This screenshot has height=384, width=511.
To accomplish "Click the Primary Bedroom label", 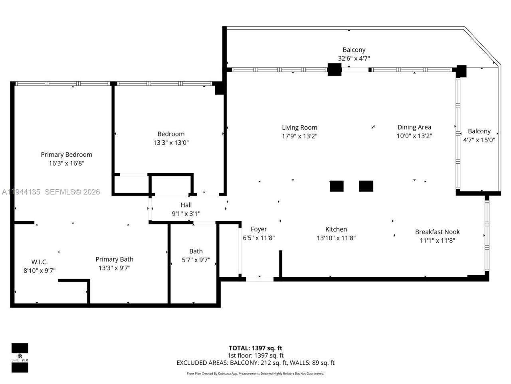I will (x=66, y=154).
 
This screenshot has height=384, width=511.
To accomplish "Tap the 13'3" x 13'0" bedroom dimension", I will (x=171, y=143).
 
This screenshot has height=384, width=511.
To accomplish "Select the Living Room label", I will (x=299, y=127).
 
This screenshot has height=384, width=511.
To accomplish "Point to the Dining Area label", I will (x=414, y=127).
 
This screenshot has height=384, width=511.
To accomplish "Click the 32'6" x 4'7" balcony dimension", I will (x=354, y=58).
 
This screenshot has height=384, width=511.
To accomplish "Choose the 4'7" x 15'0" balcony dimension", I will (x=479, y=140).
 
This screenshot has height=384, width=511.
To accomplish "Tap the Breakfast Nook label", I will (x=437, y=232).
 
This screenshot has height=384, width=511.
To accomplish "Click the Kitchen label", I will (x=336, y=229).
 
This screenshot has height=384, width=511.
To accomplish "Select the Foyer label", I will (x=259, y=229).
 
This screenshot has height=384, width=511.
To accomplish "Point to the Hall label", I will (x=186, y=205).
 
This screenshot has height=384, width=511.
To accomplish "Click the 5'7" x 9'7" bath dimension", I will (x=196, y=260).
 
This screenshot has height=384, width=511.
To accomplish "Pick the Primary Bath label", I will (x=114, y=259).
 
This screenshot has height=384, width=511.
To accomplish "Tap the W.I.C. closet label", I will (x=40, y=262).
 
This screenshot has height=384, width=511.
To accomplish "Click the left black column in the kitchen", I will (x=337, y=186).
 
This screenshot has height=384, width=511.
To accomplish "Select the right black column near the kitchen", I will (x=366, y=186).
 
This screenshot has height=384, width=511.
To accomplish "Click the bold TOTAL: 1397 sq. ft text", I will (x=255, y=348).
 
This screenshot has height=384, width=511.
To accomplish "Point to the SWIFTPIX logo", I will (x=20, y=358).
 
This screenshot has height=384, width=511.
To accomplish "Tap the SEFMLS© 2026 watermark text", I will (x=72, y=192).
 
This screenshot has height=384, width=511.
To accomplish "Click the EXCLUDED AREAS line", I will (x=255, y=363).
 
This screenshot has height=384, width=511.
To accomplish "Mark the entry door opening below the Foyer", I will (x=259, y=278).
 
